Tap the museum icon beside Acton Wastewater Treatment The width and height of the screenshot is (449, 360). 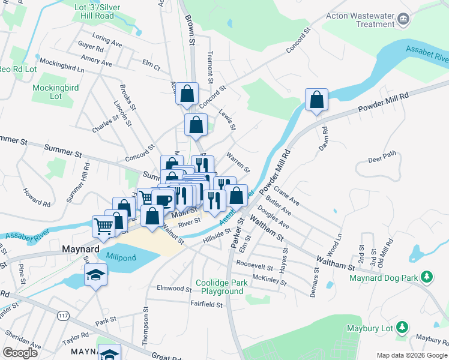coord(404,20)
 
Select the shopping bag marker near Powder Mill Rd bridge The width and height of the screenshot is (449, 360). coord(316,100)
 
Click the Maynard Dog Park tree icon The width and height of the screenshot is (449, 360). coord(427,277)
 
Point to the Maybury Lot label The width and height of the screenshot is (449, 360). coord(369,328)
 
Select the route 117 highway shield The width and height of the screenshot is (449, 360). coord(62,315)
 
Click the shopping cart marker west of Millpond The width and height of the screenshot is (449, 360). coord(103,226)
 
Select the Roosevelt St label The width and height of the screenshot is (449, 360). coord(255,265)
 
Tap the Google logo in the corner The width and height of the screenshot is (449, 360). coord(20,353)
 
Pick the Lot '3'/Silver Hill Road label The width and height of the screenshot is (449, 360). coord(101,11)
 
